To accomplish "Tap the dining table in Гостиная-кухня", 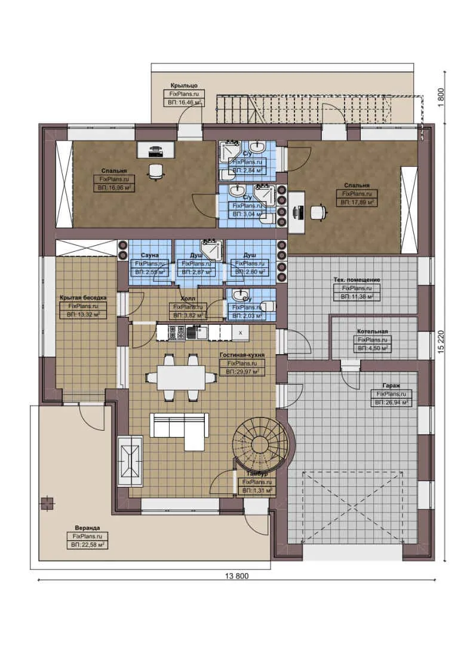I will pyautogui.click(x=180, y=377).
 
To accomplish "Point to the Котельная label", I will pyautogui.click(x=373, y=331).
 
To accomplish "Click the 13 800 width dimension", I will pyautogui.click(x=237, y=576).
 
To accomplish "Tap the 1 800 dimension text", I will pyautogui.click(x=441, y=97).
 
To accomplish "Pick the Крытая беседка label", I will pyautogui.click(x=79, y=297).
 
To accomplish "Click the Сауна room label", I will pyautogui.click(x=150, y=255).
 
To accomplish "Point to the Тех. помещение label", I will pyautogui.click(x=357, y=279).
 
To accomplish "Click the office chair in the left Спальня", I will pyautogui.click(x=156, y=171).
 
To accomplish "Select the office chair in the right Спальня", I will pyautogui.click(x=319, y=211).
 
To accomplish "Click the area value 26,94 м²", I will pyautogui.click(x=391, y=403).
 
